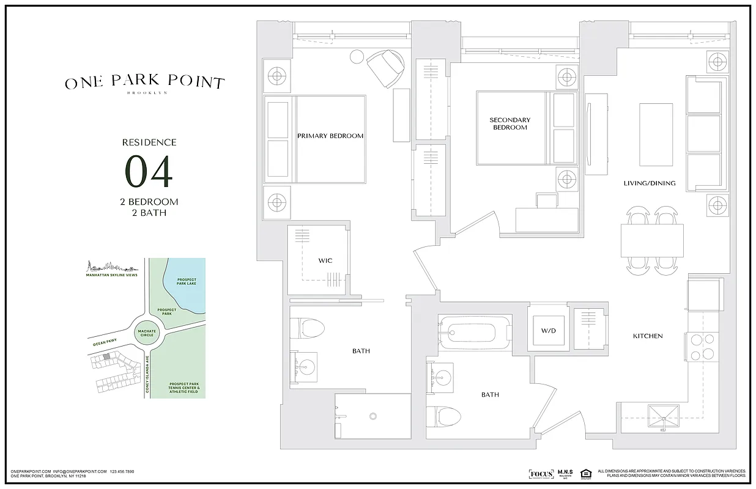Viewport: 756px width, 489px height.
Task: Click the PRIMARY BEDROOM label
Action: click(x=330, y=136)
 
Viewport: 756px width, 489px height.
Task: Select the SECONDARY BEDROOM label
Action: click(x=510, y=123)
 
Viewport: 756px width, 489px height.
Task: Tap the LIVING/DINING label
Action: click(x=649, y=183)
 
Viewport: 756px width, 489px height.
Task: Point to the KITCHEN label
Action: click(x=648, y=336)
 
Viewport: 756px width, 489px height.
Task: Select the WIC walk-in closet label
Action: click(x=325, y=261)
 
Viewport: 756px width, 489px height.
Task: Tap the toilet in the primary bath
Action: click(x=308, y=329)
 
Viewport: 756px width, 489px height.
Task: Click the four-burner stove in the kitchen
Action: click(x=703, y=346)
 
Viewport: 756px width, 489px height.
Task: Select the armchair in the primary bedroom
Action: click(x=385, y=66)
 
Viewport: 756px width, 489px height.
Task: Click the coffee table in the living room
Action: click(x=656, y=134)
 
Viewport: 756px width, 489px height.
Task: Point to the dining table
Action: click(x=651, y=241)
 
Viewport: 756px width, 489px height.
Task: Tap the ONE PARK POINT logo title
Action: click(x=145, y=82)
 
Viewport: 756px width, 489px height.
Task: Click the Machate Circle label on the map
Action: click(x=147, y=334)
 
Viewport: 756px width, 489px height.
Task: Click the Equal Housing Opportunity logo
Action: click(x=585, y=474)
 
